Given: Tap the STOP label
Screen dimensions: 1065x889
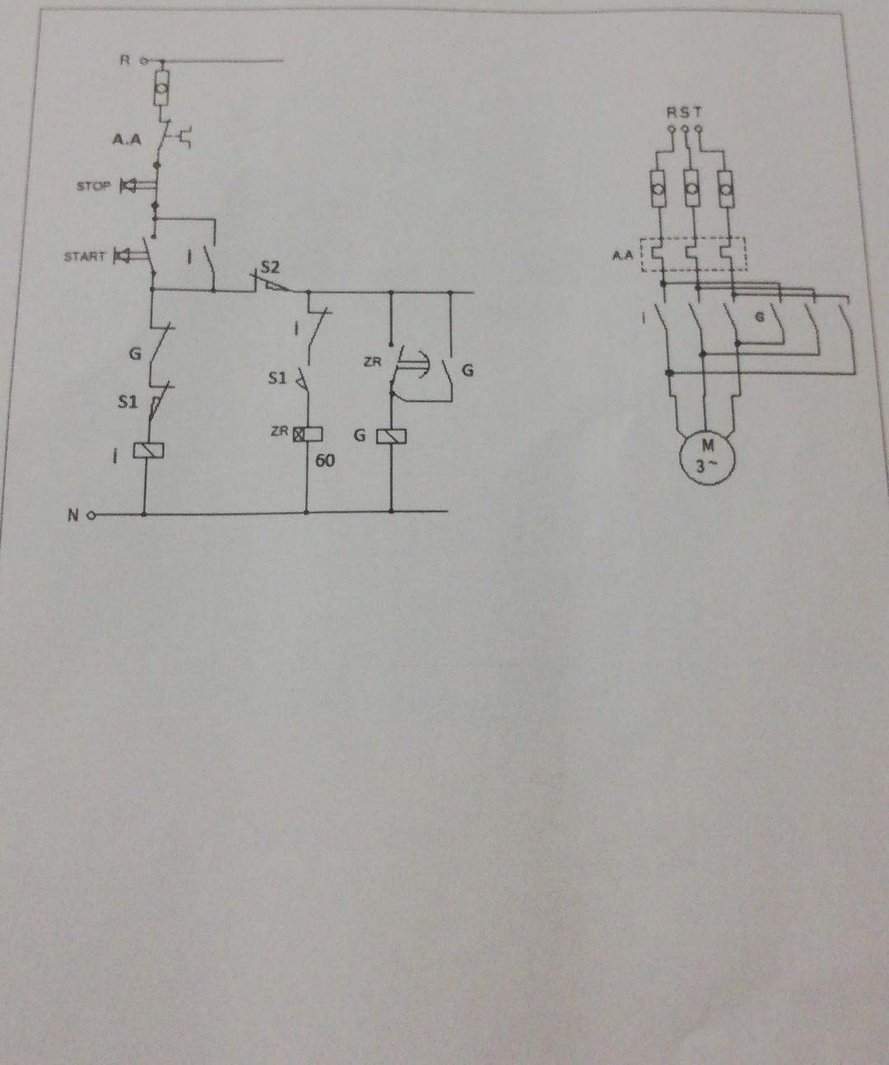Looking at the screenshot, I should pyautogui.click(x=92, y=186).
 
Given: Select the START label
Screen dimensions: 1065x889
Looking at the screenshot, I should pyautogui.click(x=85, y=256).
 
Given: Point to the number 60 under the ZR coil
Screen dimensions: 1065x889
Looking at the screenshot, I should pyautogui.click(x=324, y=460).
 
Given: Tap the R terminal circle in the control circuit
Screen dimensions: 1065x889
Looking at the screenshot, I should pyautogui.click(x=145, y=60).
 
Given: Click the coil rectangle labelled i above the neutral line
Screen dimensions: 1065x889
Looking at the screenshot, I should pyautogui.click(x=152, y=451).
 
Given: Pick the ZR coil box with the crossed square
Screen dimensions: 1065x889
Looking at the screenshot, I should pyautogui.click(x=300, y=434).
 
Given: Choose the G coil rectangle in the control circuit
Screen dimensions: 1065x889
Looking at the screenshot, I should pyautogui.click(x=393, y=435).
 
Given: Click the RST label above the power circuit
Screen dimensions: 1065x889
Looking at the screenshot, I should pyautogui.click(x=685, y=113).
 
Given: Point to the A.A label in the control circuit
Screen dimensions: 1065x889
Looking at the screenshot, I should pyautogui.click(x=127, y=140).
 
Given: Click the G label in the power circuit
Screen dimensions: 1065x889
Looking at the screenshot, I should pyautogui.click(x=760, y=316).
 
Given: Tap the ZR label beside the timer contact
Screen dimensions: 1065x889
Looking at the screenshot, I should pyautogui.click(x=372, y=362).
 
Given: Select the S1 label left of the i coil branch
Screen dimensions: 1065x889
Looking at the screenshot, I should pyautogui.click(x=126, y=404).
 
